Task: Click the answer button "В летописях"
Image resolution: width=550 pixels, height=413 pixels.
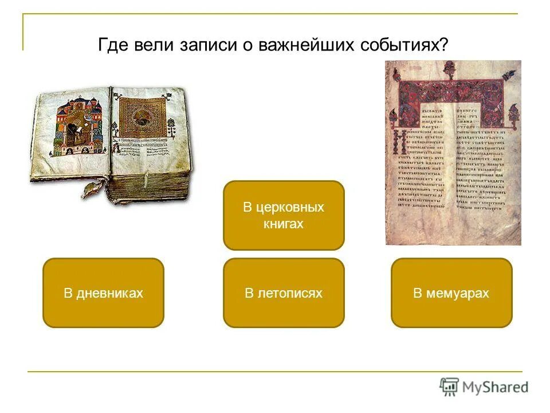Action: (x=284, y=293)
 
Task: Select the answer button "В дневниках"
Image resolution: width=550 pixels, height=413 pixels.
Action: (x=103, y=293)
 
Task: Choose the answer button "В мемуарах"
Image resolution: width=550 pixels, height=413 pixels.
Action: (x=451, y=293)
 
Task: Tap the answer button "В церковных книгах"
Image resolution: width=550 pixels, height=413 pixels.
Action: (x=284, y=215)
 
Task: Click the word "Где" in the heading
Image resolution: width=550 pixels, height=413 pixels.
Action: (x=111, y=46)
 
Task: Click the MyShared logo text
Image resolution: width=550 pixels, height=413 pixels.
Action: (x=496, y=387)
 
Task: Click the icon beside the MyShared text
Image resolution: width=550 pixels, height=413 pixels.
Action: (x=449, y=386)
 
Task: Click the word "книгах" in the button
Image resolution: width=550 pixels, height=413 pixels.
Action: (x=284, y=224)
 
